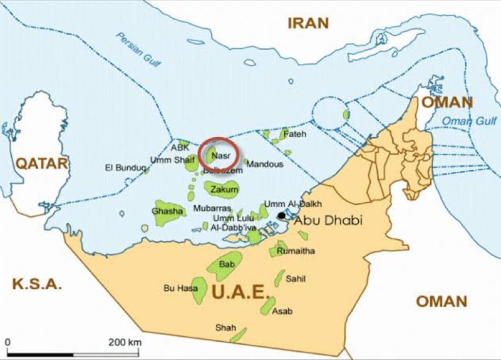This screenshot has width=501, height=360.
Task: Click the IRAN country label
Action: click(307, 23)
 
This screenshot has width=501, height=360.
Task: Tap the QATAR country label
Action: click(41, 164)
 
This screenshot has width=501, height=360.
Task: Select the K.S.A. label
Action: click(38, 284)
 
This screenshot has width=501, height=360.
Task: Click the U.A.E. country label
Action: click(240, 291)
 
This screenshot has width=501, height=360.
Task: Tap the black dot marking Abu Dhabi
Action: click(281, 215)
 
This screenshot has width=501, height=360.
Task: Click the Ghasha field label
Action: click(168, 211)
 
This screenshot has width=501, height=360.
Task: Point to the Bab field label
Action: click(227, 265)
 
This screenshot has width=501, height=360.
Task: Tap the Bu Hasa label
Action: click(180, 288)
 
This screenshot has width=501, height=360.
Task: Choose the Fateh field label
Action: click(295, 134)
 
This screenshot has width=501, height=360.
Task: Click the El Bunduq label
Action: click(125, 168)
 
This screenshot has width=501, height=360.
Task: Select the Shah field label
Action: click(225, 327)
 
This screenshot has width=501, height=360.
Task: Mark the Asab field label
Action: click(282, 311)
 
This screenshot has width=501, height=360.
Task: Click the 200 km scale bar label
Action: click(125, 342)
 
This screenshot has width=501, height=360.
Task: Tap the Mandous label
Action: click(265, 164)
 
